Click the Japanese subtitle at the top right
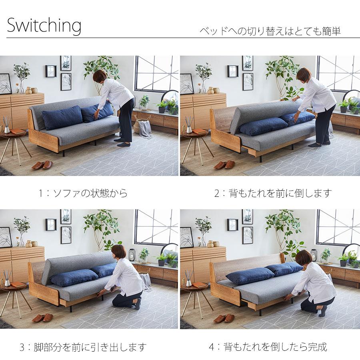tap(270, 31)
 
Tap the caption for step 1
tap(83, 193)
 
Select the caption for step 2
tap(273, 193)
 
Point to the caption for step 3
tap(83, 346)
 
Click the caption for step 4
tap(268, 346)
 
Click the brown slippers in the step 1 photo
tap(42, 165)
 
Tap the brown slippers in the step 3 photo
tap(42, 318)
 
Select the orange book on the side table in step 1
tap(18, 131)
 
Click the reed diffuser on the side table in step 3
tap(7, 278)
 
